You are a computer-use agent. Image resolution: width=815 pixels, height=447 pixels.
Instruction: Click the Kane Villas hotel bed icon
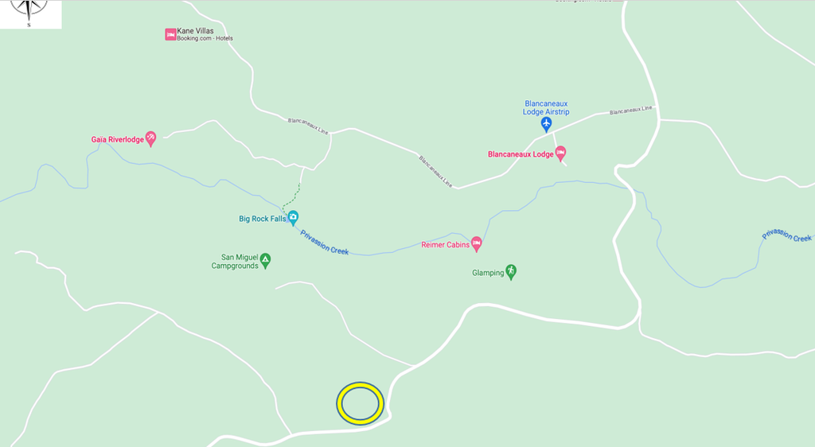170,34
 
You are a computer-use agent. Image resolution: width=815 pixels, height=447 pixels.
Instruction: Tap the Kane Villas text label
195,31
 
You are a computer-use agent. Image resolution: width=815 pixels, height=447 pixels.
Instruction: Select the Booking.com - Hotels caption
205,39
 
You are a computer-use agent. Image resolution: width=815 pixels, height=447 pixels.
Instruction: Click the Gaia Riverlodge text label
117,139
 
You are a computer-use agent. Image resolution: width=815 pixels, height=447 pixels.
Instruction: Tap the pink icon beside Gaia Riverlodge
150,139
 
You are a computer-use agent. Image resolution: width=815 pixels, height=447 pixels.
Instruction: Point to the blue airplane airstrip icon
547,124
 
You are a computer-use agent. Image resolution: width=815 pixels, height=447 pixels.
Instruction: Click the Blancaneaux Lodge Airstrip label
547,107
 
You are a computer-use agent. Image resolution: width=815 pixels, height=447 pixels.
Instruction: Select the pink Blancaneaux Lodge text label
520,154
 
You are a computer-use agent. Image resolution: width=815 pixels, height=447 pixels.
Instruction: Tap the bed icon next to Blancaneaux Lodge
560,152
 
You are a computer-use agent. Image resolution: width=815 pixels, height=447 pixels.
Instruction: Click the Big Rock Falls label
262,219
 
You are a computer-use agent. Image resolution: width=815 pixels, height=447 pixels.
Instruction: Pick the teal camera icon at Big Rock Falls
293,217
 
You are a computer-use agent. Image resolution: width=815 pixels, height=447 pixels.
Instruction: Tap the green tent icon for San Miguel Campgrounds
265,258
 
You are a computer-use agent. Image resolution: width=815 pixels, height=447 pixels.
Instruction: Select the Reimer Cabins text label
445,245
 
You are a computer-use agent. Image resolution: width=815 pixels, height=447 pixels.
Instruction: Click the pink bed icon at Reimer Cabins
477,243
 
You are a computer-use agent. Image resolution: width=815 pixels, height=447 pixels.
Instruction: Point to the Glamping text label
488,273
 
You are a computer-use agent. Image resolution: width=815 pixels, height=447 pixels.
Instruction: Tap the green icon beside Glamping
512,271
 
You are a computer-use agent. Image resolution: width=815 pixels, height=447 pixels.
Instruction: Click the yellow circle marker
361,402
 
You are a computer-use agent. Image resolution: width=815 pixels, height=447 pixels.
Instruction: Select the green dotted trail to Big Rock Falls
292,195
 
